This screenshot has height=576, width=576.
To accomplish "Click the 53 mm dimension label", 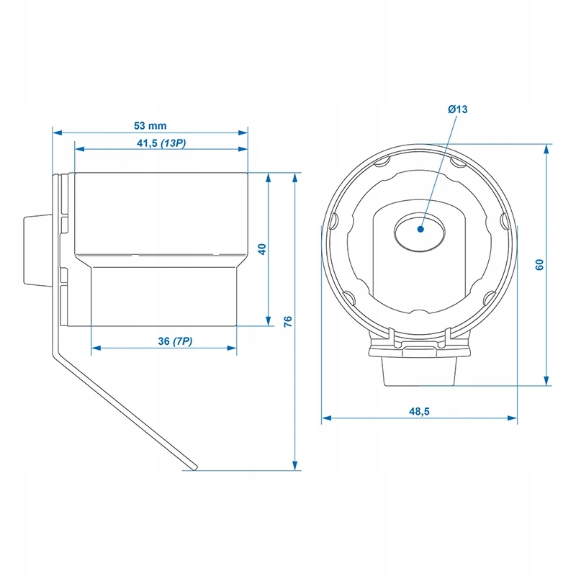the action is click(x=150, y=125).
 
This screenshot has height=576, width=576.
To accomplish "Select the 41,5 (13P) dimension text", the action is click(x=161, y=143).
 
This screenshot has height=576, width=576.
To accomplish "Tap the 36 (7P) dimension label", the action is click(x=175, y=341).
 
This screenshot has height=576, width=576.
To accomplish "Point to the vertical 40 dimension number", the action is click(x=262, y=249).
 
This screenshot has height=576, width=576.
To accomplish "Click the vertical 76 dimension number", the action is click(x=288, y=321).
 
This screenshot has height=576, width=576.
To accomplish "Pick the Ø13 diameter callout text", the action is click(x=458, y=109).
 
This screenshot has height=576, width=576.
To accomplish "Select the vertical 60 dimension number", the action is click(x=539, y=265).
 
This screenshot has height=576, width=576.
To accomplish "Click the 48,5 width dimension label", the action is click(x=419, y=411).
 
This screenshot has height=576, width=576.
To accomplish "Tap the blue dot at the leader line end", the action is click(x=421, y=229).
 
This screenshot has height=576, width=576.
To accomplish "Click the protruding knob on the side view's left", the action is click(x=37, y=250).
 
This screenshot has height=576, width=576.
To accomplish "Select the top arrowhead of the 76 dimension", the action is click(x=295, y=178).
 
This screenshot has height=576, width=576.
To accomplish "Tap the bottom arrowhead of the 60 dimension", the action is click(x=546, y=381).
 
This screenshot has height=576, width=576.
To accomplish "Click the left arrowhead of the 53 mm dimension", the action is click(x=58, y=132).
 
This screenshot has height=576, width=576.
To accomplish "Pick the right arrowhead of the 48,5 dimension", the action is click(x=512, y=418).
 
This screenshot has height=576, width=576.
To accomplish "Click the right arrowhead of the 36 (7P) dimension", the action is click(x=231, y=348).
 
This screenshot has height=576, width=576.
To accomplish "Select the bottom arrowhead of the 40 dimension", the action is click(x=268, y=320).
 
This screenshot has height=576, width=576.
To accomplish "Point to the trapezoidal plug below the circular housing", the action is click(x=420, y=371).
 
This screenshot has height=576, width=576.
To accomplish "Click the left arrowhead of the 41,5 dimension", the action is click(x=80, y=149).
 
